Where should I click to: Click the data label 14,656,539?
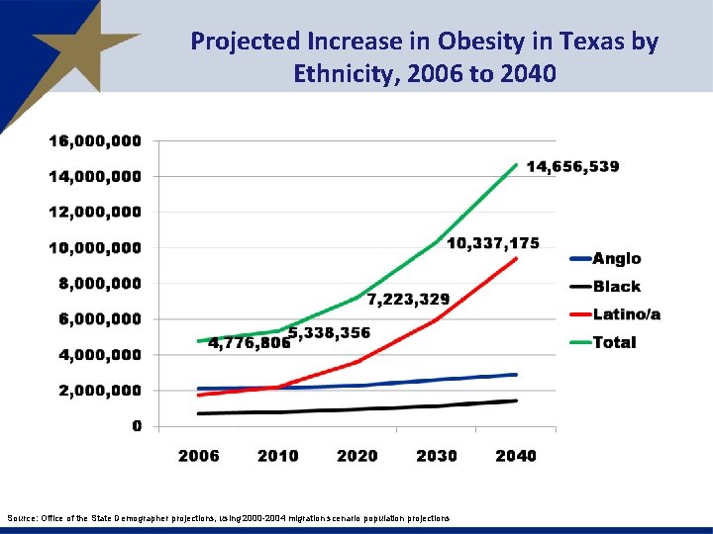(x=572, y=167)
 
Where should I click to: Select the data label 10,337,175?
(x=493, y=243)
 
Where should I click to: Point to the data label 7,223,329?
(x=408, y=299)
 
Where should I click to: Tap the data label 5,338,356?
(x=330, y=332)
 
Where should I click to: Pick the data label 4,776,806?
(x=249, y=343)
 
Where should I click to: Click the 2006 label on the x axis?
(x=198, y=456)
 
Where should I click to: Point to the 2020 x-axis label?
(x=356, y=456)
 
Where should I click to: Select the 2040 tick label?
(x=516, y=456)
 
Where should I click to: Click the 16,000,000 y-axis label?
(x=95, y=141)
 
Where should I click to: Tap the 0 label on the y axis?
(x=137, y=426)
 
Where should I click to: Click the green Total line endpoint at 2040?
(x=516, y=165)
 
